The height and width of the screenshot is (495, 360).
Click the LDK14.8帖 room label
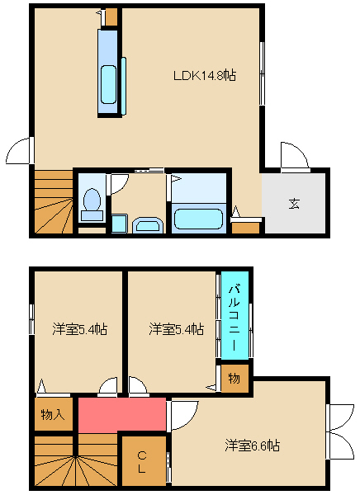pos(205,76)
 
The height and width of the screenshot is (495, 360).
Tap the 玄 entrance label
pos(294,204)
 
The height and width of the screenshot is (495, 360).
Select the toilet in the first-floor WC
pos(92,204)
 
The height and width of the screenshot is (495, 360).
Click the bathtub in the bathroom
pos(198,219)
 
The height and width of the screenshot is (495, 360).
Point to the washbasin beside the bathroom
pos(148,225)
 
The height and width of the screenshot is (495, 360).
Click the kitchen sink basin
pos(108,84)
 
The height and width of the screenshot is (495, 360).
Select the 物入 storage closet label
pos(53,414)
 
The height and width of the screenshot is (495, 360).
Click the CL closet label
pos(142,462)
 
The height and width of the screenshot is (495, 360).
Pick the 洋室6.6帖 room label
pos(252,445)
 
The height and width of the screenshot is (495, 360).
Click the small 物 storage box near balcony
pos(234,378)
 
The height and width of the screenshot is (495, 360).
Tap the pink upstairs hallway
pos(122,414)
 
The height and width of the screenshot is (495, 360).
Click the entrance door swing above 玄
pos(294,157)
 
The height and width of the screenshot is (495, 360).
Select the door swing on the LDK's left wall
pos(20,151)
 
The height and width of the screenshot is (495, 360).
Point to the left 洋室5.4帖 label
pos(79,329)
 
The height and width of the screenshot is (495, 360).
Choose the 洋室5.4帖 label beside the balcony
pos(177,329)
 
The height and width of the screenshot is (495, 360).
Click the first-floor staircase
pos(54,202)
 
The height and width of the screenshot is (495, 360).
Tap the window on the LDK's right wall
pos(262,73)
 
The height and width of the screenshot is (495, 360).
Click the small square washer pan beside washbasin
pos(120,224)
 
